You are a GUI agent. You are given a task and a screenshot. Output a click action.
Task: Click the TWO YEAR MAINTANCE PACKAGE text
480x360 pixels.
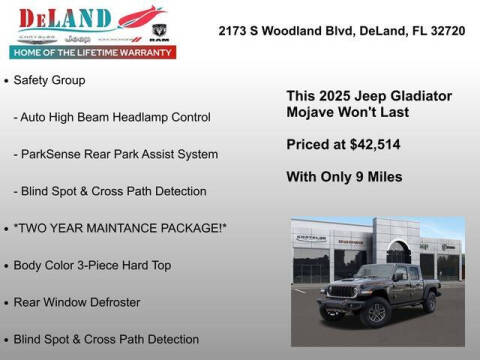[x=121, y=228]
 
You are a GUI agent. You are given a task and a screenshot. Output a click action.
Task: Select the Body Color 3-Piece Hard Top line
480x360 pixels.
[x=92, y=265]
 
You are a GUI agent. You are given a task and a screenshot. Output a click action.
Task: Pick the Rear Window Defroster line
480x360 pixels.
[x=77, y=302]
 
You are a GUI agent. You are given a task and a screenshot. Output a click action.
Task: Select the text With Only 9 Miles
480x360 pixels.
[x=344, y=177]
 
